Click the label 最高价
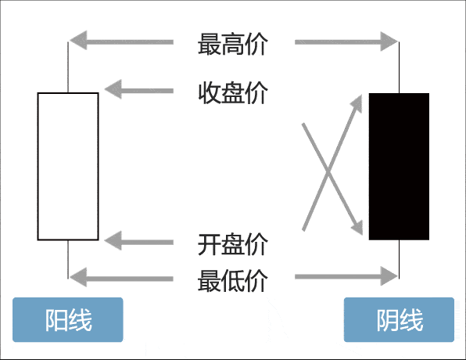[233, 44]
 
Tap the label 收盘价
[233, 92]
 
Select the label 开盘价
[233, 243]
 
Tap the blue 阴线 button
[399, 320]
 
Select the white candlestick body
[68, 166]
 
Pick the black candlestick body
[399, 166]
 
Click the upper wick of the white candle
[68, 67]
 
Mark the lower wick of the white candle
[68, 258]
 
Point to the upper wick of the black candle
[400, 67]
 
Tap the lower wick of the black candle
[400, 258]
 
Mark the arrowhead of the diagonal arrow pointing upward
[360, 103]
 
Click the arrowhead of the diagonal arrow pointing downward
[360, 227]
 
